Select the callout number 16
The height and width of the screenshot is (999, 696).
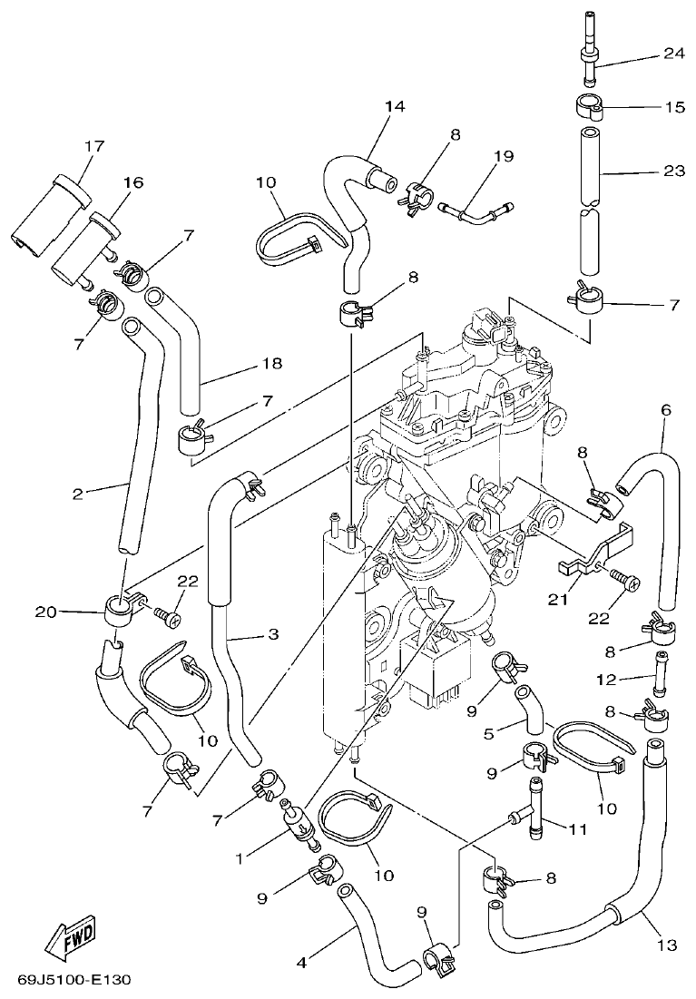coord(132,183)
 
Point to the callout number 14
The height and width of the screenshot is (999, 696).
coord(394,106)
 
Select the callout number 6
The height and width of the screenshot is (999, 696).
coord(666,410)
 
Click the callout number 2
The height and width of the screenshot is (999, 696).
coord(78,494)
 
